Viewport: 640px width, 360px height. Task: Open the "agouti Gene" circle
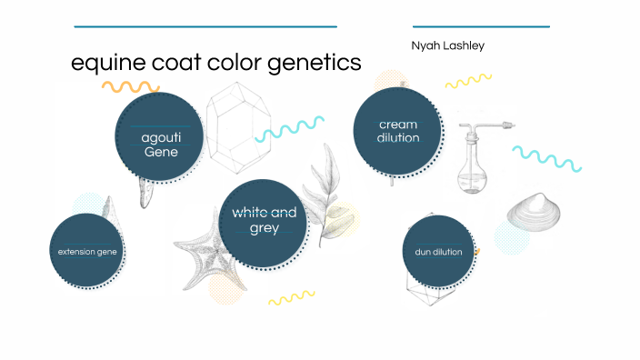pyautogui.click(x=159, y=137)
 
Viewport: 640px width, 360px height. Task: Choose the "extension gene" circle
pyautogui.click(x=87, y=251)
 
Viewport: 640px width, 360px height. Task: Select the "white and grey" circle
pyautogui.click(x=264, y=222)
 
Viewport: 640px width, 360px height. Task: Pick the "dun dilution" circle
pyautogui.click(x=438, y=251)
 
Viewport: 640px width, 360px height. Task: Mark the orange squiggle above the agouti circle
pyautogui.click(x=130, y=87)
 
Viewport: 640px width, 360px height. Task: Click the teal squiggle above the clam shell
pyautogui.click(x=546, y=157)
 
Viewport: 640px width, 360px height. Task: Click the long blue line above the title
pyautogui.click(x=205, y=26)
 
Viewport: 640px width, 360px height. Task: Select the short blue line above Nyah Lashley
pyautogui.click(x=480, y=26)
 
